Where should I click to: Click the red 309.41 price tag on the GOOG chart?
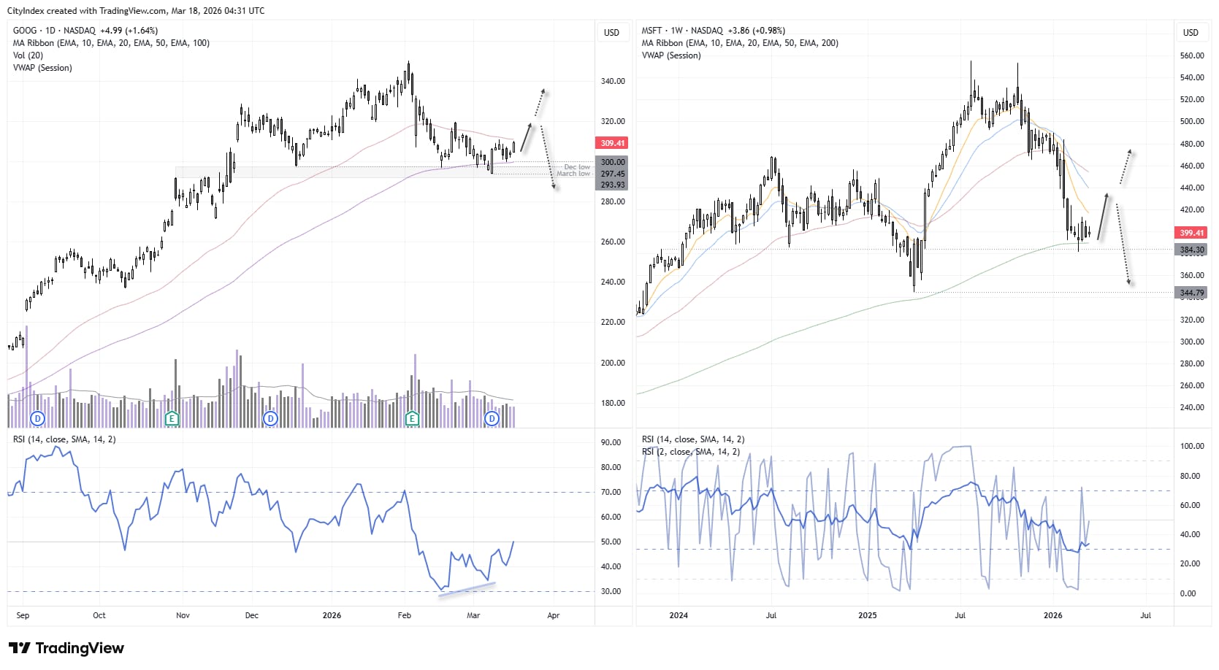[612, 143]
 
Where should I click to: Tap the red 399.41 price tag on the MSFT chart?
[1191, 233]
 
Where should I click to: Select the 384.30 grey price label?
[1191, 250]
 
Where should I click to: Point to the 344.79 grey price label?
[1191, 293]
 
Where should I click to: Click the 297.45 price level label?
[612, 174]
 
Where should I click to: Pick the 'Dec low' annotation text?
[576, 167]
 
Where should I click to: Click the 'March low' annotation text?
[573, 174]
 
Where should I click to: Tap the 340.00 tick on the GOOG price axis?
[612, 81]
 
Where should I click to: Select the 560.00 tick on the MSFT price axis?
[1191, 55]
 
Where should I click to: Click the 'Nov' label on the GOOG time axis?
[183, 615]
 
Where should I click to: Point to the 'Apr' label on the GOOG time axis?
[553, 615]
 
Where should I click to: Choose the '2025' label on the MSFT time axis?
[867, 615]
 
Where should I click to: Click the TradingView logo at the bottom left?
[66, 648]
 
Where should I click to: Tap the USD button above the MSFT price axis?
[1191, 33]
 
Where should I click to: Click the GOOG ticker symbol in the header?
[24, 31]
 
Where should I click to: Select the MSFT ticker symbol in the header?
[651, 31]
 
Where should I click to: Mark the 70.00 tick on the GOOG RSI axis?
[611, 492]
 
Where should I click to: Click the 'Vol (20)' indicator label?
[28, 55]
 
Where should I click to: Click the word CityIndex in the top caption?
[26, 11]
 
